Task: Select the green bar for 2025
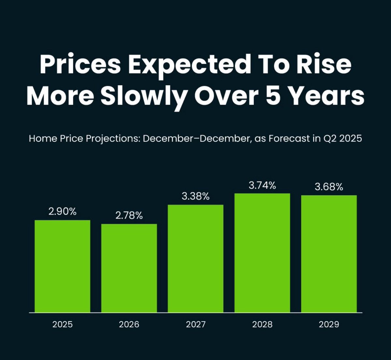(x=63, y=266)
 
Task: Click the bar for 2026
(x=129, y=268)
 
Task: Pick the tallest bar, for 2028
(x=262, y=253)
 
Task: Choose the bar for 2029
(x=329, y=254)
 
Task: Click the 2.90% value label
(x=63, y=212)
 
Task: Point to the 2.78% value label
(x=129, y=215)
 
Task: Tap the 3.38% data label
(x=195, y=196)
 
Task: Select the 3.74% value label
(x=262, y=185)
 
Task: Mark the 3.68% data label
(x=329, y=187)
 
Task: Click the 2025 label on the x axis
(x=63, y=324)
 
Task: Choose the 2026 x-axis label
(x=129, y=324)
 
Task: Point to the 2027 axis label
(x=195, y=324)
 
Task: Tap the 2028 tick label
(x=262, y=324)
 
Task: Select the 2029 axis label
(x=329, y=324)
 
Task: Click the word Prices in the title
(x=80, y=64)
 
